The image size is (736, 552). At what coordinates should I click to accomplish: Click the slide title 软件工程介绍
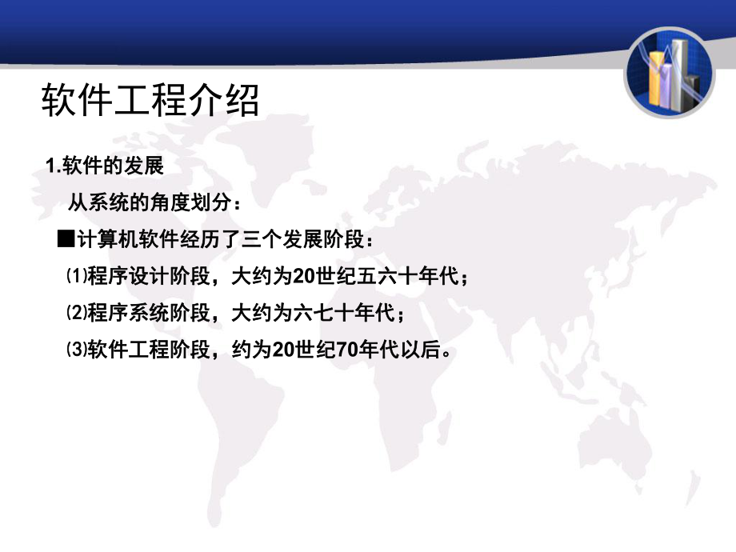click(x=150, y=102)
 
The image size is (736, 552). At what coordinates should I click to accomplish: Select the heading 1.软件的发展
click(x=105, y=166)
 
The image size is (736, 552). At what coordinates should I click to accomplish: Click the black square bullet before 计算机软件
click(x=66, y=240)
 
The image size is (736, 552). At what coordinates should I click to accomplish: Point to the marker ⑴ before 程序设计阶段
click(x=76, y=277)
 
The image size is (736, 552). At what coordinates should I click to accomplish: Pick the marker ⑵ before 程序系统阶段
click(x=76, y=314)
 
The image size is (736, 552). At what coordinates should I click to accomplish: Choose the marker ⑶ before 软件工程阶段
click(x=76, y=350)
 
